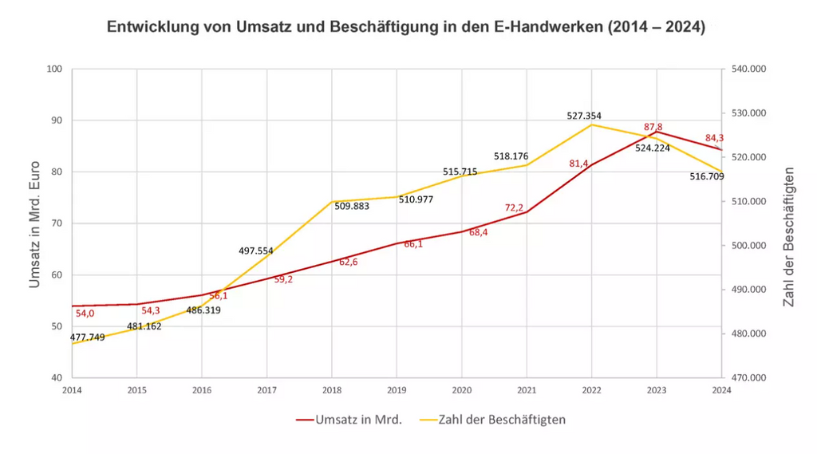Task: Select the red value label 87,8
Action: tap(653, 127)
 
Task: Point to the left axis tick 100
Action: tap(54, 69)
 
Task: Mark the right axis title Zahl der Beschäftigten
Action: tap(789, 238)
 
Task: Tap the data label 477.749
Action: tap(87, 338)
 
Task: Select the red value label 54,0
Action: tap(85, 314)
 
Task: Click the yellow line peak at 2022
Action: tap(591, 124)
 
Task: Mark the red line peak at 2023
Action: tap(657, 132)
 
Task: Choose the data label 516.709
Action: tap(707, 176)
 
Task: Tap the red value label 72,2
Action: tap(514, 208)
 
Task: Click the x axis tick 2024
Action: tap(721, 390)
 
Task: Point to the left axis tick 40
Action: tap(57, 378)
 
